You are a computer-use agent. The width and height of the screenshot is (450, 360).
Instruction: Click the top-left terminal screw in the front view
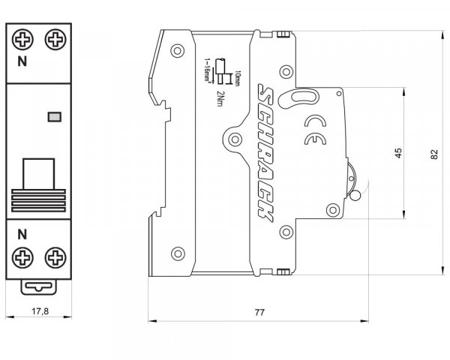pos(22,39)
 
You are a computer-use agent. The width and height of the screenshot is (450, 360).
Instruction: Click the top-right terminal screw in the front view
pos(54,39)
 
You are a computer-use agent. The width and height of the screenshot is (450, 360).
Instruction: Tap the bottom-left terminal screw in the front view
pos(22,259)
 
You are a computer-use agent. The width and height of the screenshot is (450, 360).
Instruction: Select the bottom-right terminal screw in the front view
pos(54,259)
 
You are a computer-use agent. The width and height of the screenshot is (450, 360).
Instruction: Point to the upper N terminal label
pos(22,64)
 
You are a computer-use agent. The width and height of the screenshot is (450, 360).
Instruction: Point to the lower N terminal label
pos(22,233)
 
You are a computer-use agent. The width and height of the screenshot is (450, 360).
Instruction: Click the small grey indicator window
pos(54,116)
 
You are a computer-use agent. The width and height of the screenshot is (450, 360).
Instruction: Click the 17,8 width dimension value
pos(39,311)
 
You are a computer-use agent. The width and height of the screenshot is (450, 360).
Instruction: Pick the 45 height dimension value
pos(398,152)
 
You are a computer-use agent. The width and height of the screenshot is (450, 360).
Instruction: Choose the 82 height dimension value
pos(434,153)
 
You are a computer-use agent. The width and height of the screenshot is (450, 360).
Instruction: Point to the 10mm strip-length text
pos(237,78)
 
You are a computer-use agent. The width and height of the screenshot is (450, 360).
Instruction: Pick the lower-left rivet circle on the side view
pos(178,252)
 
